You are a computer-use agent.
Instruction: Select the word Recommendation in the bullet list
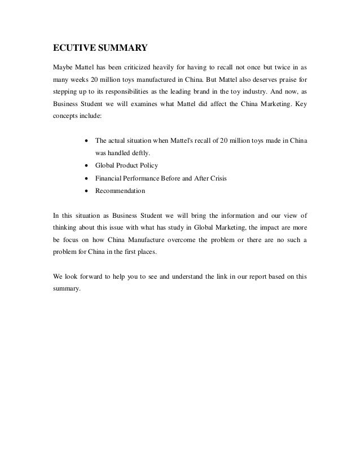[x=120, y=191]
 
